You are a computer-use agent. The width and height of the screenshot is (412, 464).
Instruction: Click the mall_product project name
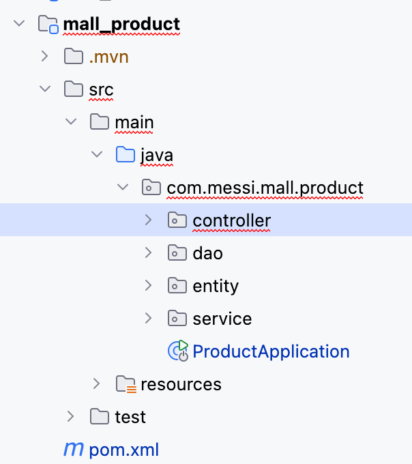coord(121,25)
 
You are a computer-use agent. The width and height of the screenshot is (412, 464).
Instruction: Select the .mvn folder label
coord(108,57)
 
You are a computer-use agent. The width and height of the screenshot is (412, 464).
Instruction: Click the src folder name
coord(101,89)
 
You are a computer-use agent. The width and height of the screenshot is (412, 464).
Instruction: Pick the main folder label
coord(134,122)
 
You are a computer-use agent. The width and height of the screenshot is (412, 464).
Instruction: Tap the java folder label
coord(157,155)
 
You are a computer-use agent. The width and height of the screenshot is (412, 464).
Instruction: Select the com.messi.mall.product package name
coord(265,188)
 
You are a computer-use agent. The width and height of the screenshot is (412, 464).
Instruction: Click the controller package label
coord(231,220)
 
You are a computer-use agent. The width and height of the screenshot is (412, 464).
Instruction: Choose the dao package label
coord(208,253)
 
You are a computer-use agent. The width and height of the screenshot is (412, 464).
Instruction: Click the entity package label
coord(216,286)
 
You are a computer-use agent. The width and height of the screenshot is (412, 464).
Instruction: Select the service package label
coord(222,319)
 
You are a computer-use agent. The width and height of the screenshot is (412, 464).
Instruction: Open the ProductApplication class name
coord(271,351)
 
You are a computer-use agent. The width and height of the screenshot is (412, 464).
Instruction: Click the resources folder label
coord(181,384)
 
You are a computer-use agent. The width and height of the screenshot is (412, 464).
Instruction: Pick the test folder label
coord(130,417)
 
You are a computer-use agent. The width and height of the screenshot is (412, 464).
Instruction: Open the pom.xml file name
coord(124,450)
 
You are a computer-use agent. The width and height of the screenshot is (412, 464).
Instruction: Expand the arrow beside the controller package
coord(149,220)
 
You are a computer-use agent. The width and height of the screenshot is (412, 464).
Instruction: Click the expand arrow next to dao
coord(149,252)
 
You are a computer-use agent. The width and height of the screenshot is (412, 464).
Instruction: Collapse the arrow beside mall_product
coord(19,24)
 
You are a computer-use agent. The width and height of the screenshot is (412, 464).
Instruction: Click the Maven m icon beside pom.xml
coord(72,449)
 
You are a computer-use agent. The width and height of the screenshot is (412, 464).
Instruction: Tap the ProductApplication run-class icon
coord(178,351)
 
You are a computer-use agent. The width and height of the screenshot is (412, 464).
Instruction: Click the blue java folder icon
coord(125,155)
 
